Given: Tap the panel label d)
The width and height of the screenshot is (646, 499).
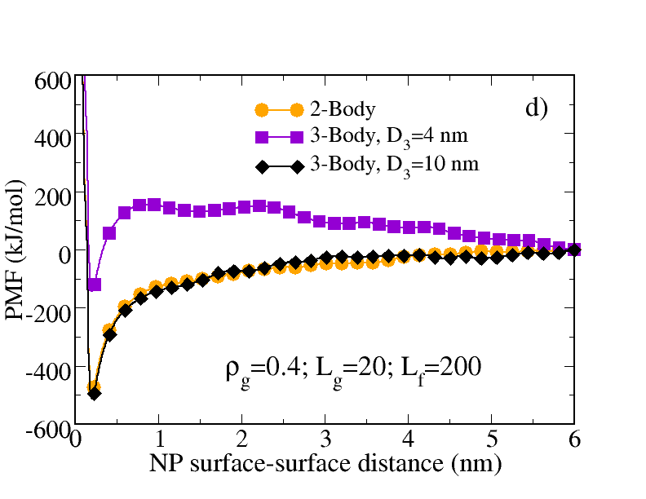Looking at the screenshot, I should [536, 108].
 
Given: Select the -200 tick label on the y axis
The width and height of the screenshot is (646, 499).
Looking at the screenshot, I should [46, 311].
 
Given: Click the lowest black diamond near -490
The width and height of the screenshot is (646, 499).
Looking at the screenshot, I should [94, 393].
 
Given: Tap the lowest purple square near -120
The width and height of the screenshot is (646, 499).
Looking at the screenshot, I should [95, 285].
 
